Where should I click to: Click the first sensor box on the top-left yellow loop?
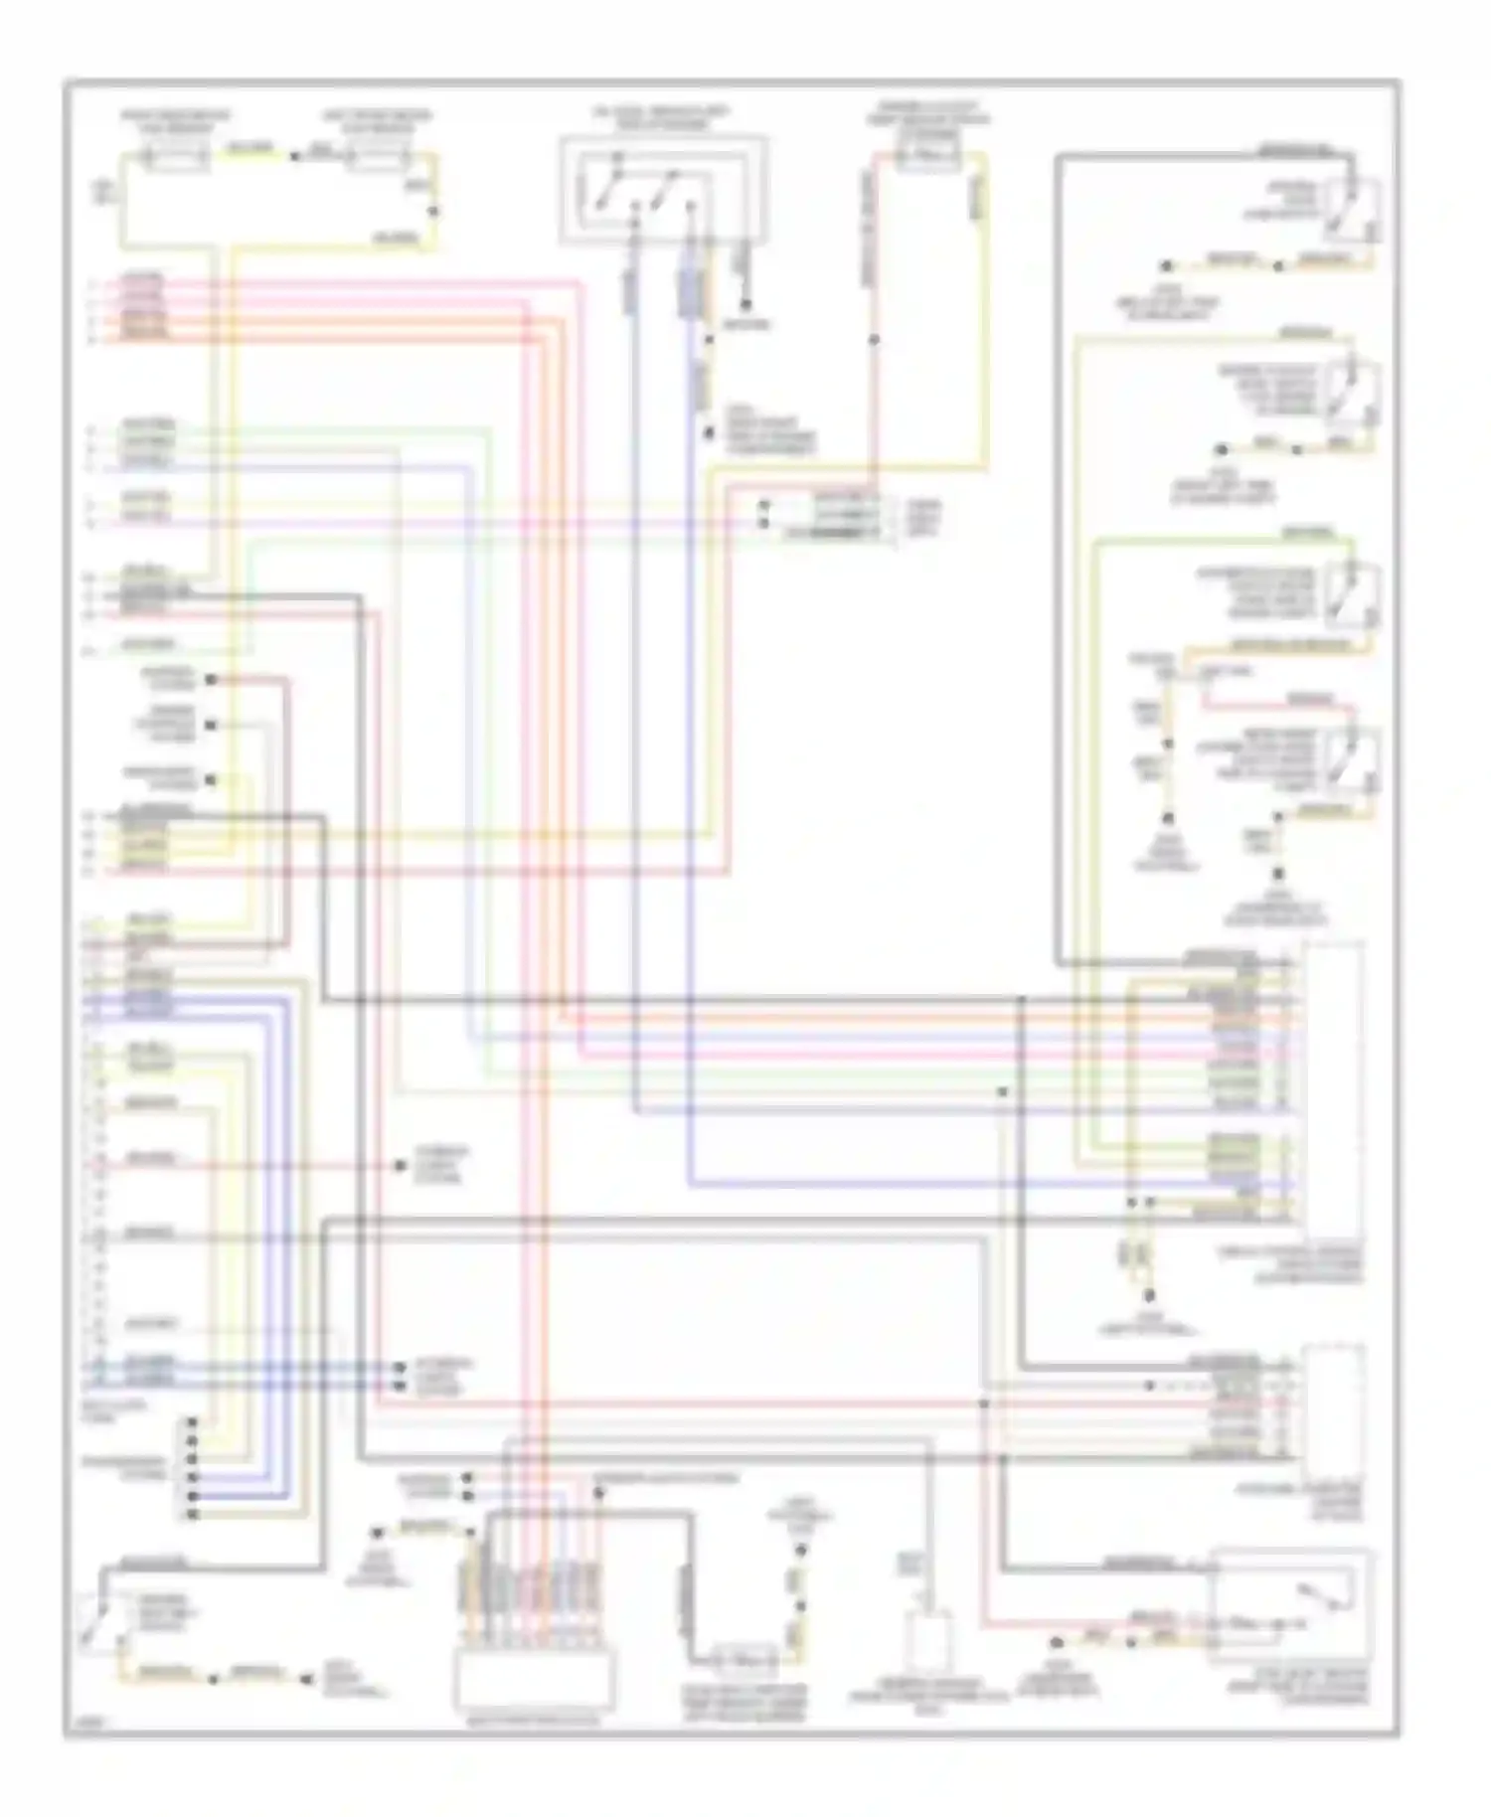click(x=176, y=157)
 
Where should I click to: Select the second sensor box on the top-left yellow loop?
click(x=378, y=157)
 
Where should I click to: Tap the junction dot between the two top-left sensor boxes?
click(x=293, y=157)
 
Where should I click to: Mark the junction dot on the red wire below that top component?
click(x=874, y=340)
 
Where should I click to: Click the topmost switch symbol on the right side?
click(x=1351, y=209)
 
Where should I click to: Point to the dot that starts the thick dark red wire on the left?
click(x=211, y=681)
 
